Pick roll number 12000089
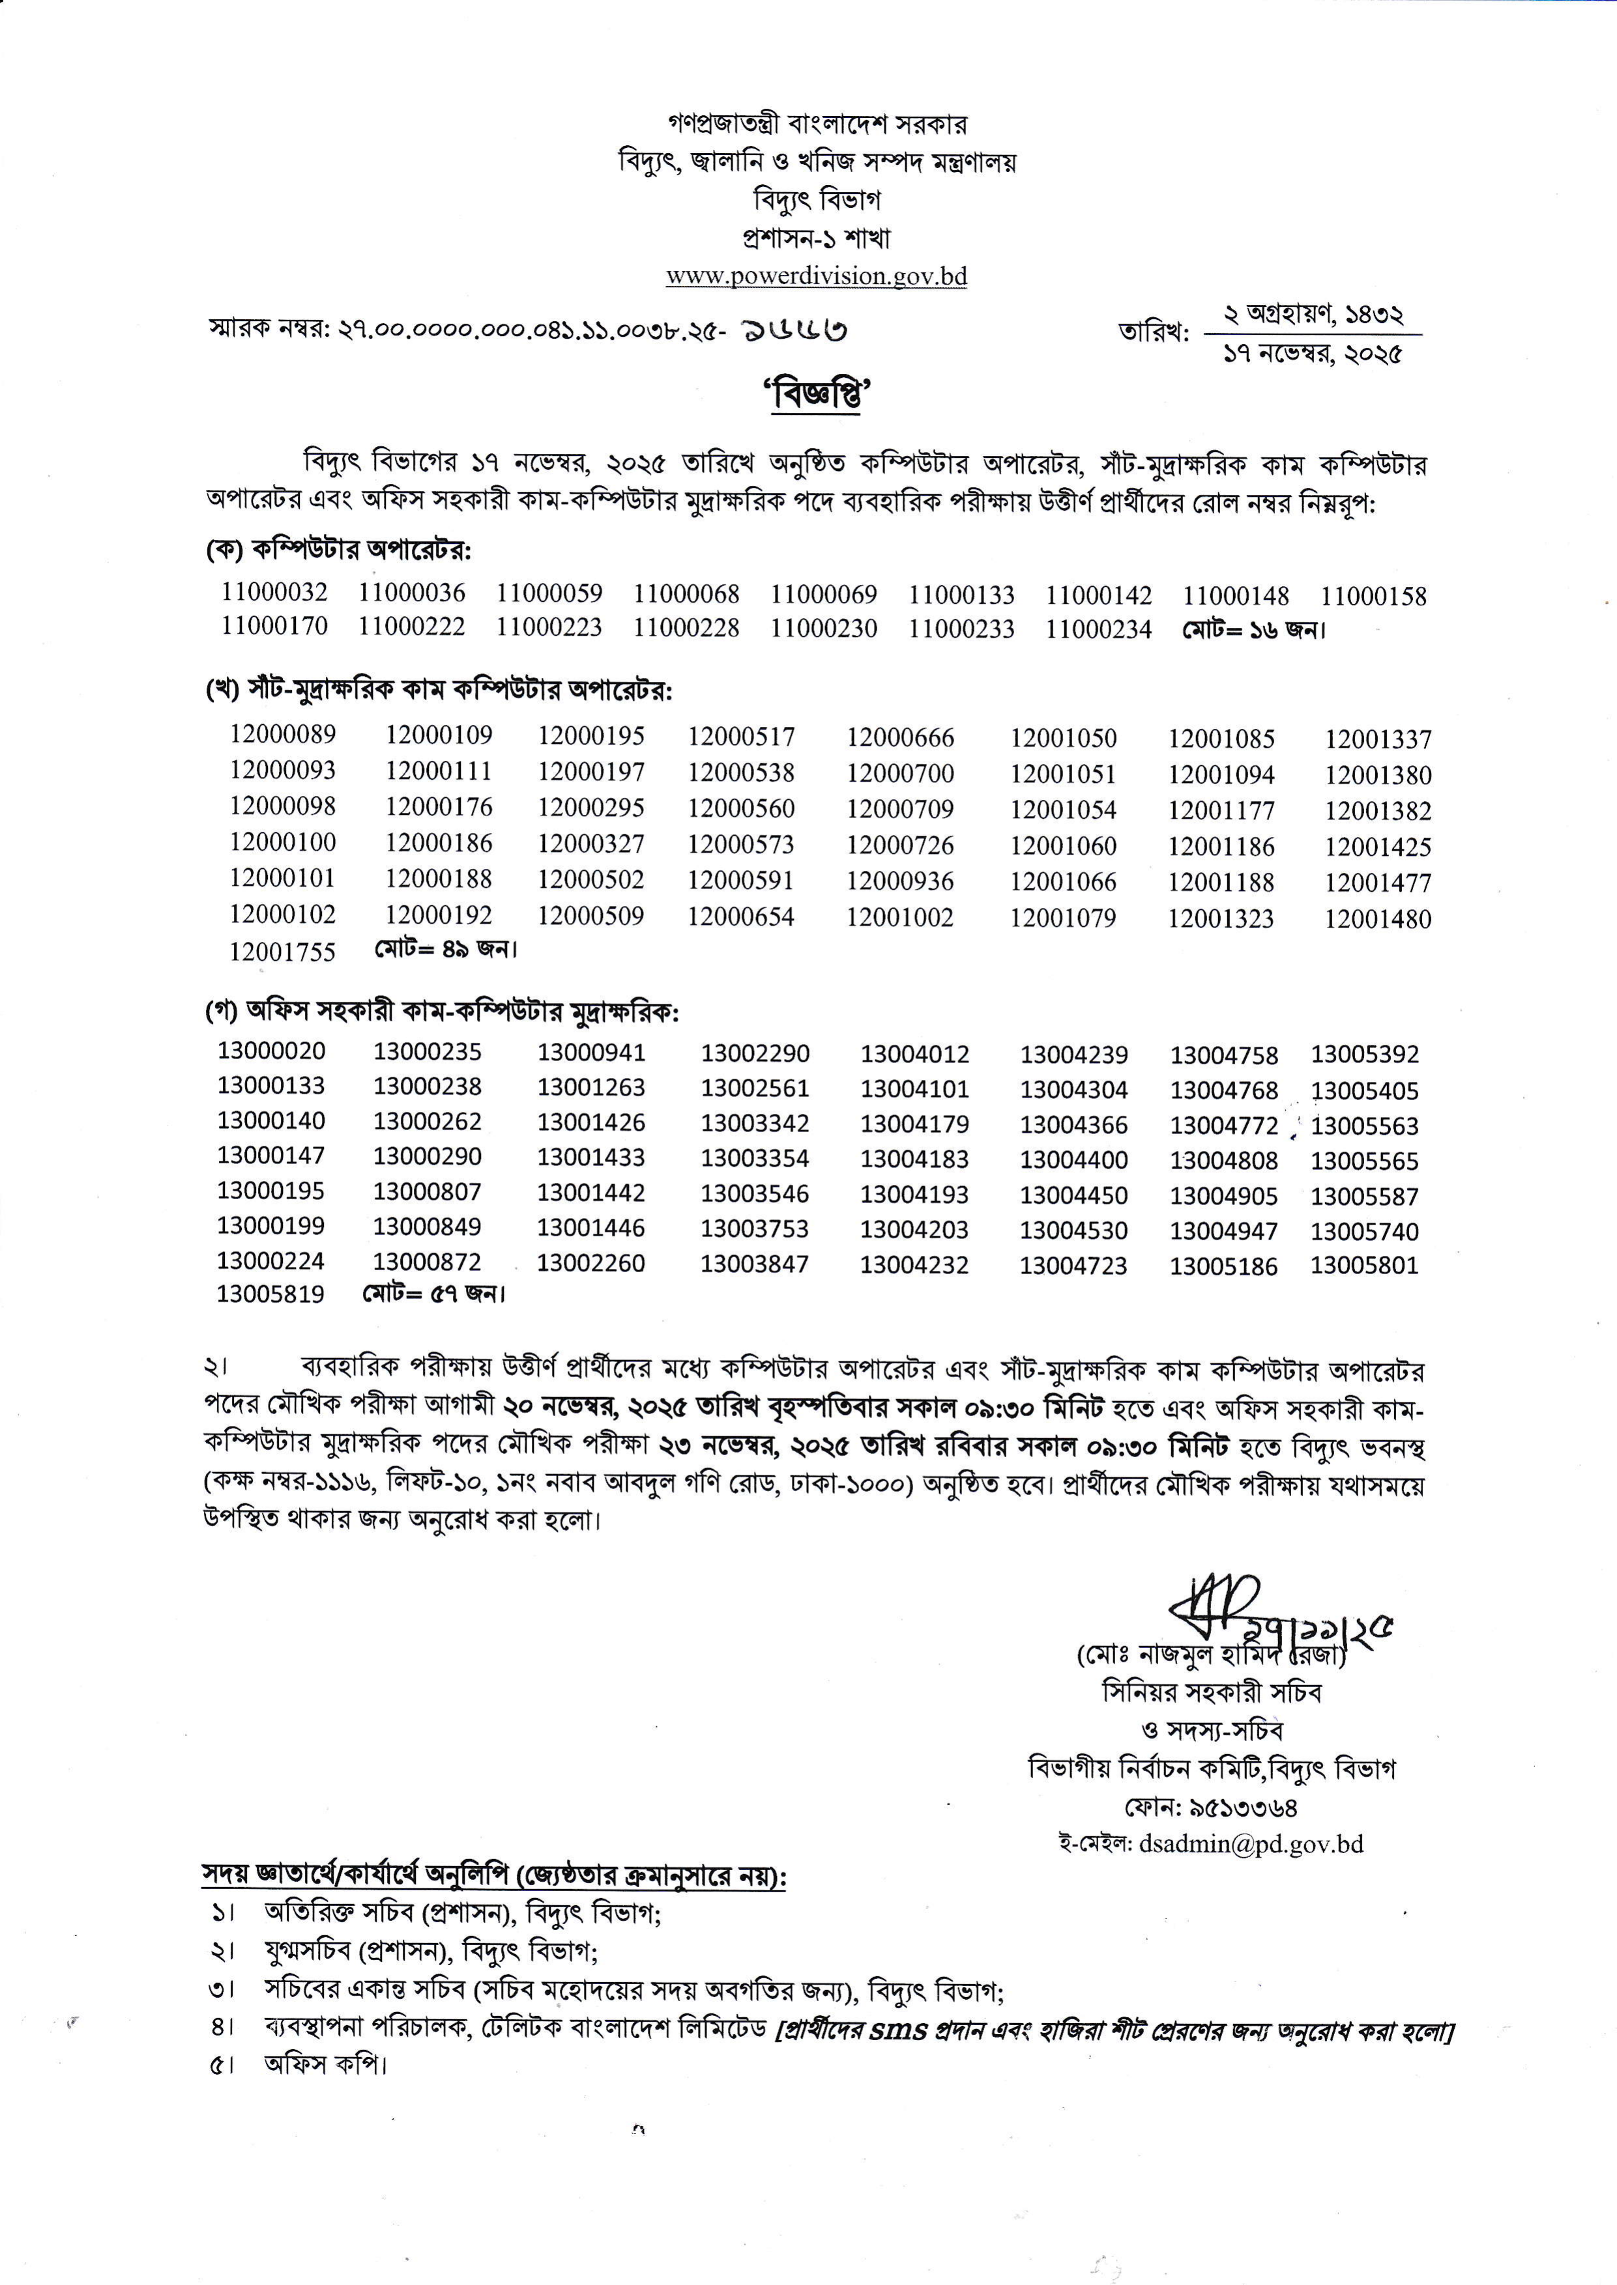(x=283, y=735)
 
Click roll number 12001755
(x=283, y=952)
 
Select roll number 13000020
(x=271, y=1050)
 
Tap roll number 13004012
(x=914, y=1054)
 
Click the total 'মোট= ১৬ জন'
(x=1255, y=629)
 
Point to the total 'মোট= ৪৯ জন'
(x=446, y=950)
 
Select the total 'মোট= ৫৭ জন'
(x=434, y=1294)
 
